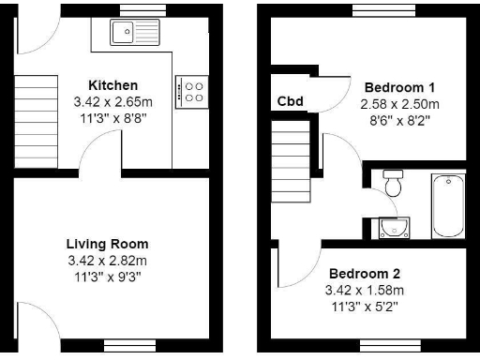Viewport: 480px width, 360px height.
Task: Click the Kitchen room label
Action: (112, 85)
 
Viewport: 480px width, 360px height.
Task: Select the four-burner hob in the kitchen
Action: (195, 91)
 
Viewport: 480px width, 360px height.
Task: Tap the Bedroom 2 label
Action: (364, 274)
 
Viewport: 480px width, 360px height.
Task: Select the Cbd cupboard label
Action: (290, 101)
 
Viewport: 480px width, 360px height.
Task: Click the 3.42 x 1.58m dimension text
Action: (364, 290)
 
